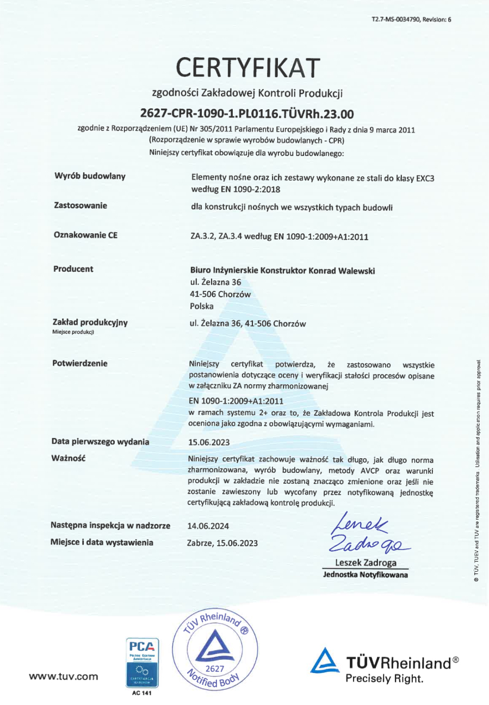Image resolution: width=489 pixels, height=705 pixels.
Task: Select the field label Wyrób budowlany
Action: [90, 176]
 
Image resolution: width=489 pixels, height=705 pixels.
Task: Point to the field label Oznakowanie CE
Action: [86, 235]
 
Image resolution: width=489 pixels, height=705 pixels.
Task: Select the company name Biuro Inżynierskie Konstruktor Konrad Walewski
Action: [279, 270]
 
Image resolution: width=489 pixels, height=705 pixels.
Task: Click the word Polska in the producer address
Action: [199, 306]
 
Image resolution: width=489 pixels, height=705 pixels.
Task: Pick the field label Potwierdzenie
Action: [80, 363]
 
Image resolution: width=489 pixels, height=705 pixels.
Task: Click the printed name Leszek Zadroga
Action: [365, 563]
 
